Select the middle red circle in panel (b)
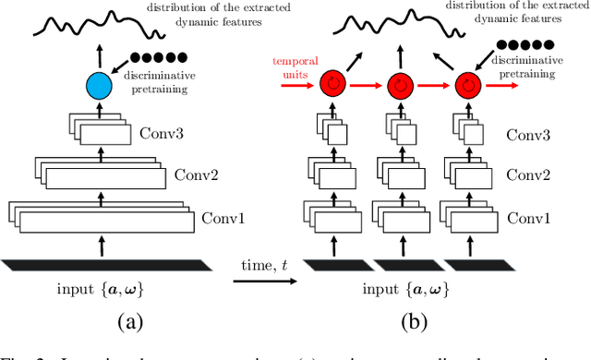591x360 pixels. click(399, 85)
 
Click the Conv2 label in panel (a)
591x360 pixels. click(194, 174)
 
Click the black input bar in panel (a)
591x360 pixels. click(100, 264)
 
